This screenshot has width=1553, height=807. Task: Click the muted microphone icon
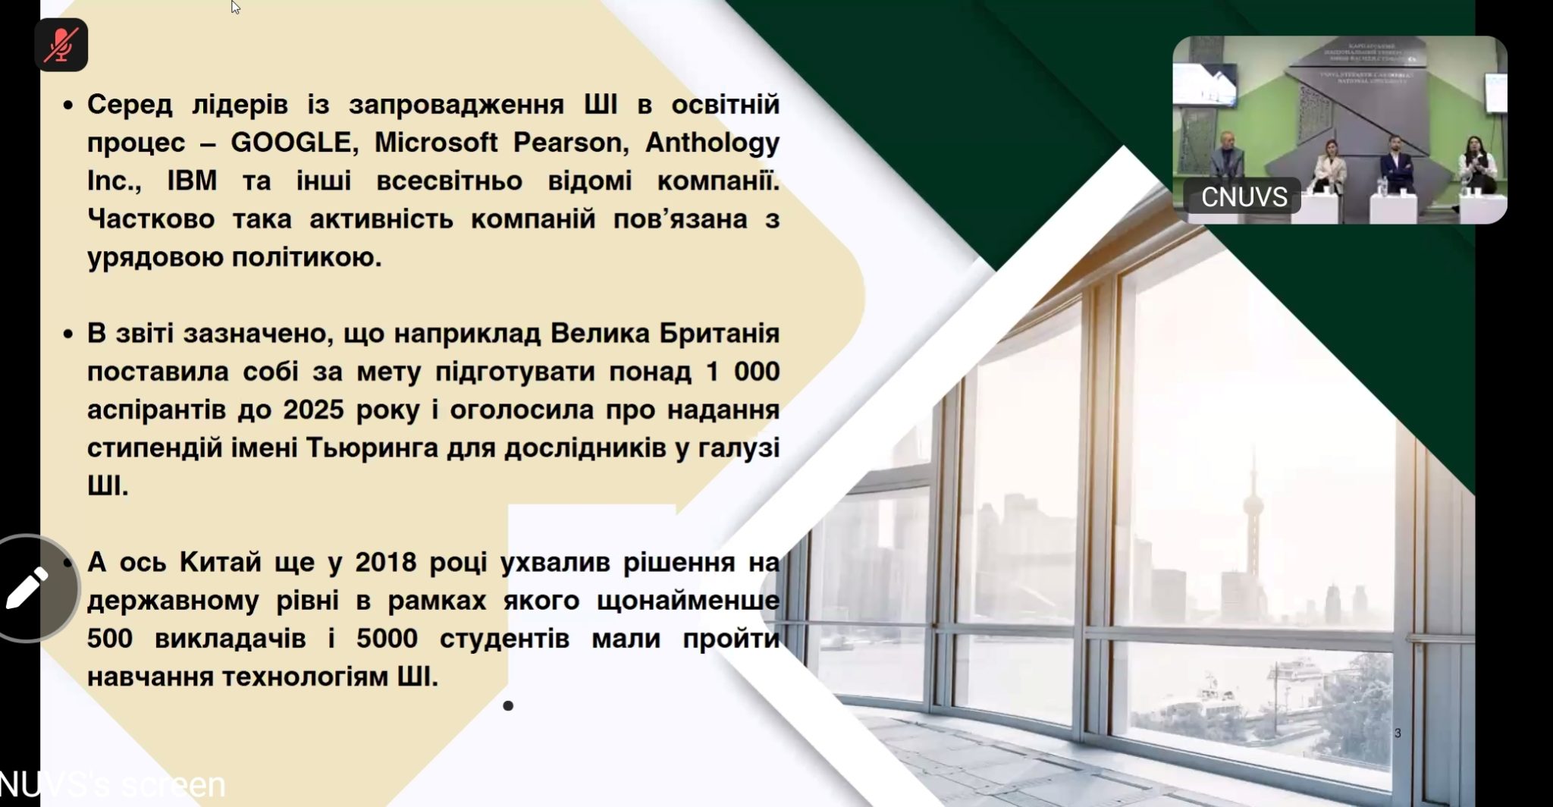coord(61,46)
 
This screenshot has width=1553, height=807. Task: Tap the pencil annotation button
coord(28,589)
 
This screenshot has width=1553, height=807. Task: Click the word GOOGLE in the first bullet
coord(290,143)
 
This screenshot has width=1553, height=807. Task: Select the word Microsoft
coord(436,143)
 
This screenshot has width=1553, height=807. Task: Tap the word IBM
coord(192,181)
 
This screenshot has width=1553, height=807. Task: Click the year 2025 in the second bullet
coord(313,410)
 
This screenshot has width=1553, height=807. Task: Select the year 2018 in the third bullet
coord(386,562)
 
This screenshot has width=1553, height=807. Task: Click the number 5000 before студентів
coord(387,639)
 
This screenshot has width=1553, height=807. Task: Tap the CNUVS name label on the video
coord(1244,197)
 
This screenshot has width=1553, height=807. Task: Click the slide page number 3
coord(1398,733)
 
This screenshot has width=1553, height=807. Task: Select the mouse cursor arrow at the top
coord(235,7)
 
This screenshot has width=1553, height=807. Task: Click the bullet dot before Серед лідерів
coord(68,105)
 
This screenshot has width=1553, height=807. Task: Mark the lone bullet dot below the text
coord(508,706)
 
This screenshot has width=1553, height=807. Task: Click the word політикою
coord(306,258)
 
